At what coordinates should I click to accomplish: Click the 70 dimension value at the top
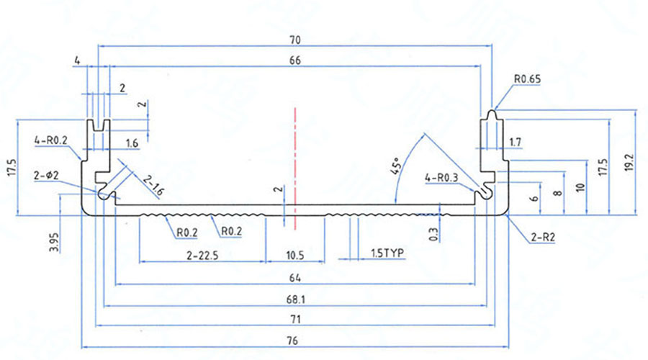[295, 39]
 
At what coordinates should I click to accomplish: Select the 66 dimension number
[294, 61]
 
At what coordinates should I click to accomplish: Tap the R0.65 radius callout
[528, 79]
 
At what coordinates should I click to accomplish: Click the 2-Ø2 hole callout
[45, 175]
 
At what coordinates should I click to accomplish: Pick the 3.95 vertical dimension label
[54, 241]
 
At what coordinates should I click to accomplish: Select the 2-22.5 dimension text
[202, 255]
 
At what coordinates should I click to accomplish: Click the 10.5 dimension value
[295, 255]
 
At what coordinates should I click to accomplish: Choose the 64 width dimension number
[295, 277]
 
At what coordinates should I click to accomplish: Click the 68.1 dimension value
[295, 299]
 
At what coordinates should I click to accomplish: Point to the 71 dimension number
[295, 319]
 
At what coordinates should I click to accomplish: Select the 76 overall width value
[295, 340]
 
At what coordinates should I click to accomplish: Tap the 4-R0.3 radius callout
[440, 176]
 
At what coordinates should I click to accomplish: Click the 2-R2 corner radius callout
[542, 236]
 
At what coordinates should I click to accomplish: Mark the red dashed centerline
[294, 166]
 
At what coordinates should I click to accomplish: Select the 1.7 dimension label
[516, 143]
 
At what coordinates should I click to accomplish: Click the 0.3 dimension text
[433, 234]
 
